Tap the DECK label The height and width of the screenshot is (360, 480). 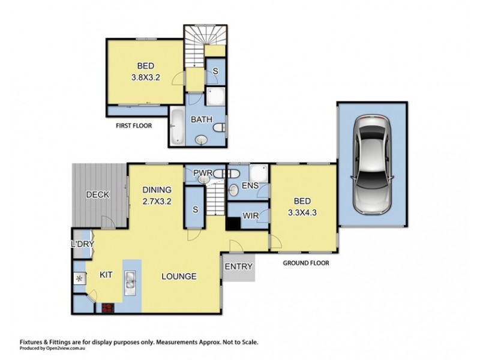click(98, 194)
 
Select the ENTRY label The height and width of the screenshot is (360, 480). click(239, 266)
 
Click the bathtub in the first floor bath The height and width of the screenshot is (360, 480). click(177, 126)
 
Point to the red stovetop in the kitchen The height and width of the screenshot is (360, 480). click(108, 308)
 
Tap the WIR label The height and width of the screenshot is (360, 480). click(250, 215)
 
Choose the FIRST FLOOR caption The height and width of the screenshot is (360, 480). click(134, 125)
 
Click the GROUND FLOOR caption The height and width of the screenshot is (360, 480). click(306, 263)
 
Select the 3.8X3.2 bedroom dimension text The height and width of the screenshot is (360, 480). click(146, 77)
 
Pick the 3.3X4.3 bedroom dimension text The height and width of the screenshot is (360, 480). click(302, 212)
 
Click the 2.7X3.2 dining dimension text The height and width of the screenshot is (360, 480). click(157, 201)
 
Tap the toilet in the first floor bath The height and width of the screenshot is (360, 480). click(220, 127)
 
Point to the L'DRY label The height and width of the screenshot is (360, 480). click(82, 244)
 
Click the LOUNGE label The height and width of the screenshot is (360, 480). click(179, 277)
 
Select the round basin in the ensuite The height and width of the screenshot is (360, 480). click(234, 190)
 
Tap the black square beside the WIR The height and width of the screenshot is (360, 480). click(233, 223)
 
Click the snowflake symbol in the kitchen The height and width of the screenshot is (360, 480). click(80, 279)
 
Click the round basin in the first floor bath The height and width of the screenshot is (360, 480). click(201, 140)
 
